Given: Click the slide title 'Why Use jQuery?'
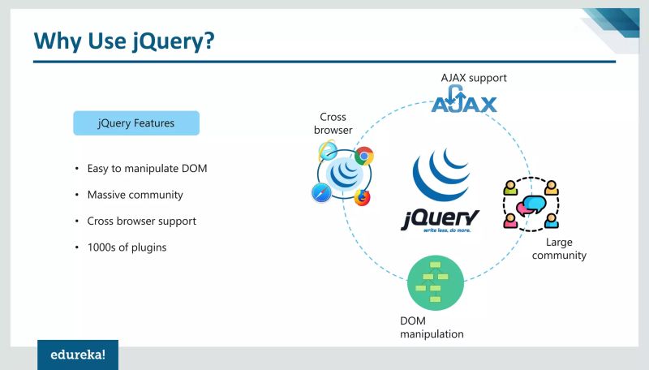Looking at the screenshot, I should click(x=124, y=40).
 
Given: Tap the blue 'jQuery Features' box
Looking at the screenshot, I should click(x=135, y=123).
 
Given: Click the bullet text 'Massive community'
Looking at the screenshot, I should click(x=135, y=195).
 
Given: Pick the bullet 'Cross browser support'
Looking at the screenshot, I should click(x=141, y=221).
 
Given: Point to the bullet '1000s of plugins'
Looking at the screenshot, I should click(x=127, y=247).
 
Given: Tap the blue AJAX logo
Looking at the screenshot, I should click(x=464, y=103).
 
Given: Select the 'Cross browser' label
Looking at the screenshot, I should click(x=333, y=123).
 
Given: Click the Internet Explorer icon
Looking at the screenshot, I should click(x=328, y=150).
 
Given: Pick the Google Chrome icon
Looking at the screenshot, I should click(x=364, y=156).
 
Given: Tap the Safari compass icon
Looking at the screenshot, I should click(x=320, y=192).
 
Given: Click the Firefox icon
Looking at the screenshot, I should click(x=361, y=196).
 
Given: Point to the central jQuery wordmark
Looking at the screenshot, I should click(x=440, y=217).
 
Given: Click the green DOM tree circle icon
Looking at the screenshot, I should click(x=436, y=282).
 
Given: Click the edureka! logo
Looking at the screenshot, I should click(x=78, y=355).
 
